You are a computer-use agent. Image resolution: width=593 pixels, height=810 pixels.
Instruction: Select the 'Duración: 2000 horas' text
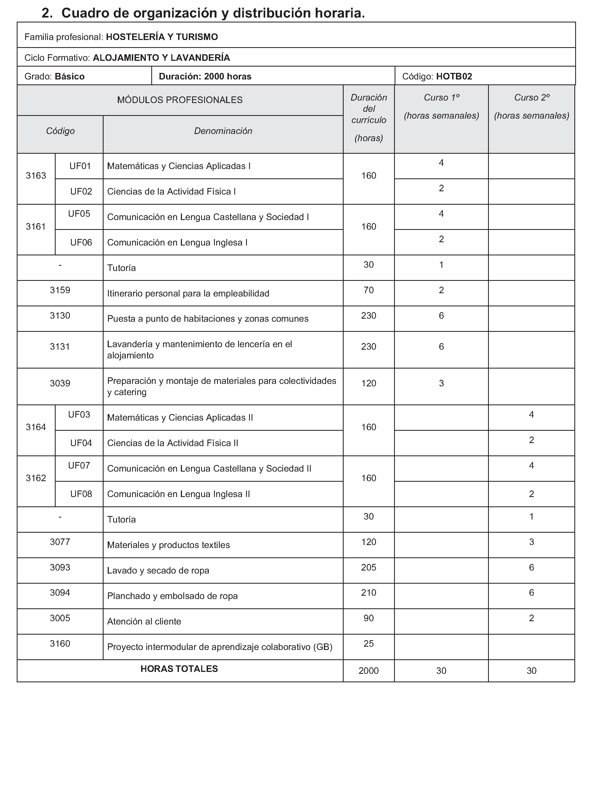point(205,76)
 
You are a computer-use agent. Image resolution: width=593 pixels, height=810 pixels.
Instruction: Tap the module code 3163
point(36,175)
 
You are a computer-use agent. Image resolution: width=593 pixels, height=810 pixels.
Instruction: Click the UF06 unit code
point(81,243)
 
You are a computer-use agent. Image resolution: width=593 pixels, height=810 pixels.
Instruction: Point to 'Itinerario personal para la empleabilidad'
point(188,293)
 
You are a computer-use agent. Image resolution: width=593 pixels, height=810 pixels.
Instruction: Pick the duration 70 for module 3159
point(369,290)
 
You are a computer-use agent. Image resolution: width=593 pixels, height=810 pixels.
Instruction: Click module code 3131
point(60,347)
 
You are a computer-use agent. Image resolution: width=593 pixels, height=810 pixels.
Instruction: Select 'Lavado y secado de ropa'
point(158,571)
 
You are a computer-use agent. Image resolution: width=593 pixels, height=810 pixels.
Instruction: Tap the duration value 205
point(369,567)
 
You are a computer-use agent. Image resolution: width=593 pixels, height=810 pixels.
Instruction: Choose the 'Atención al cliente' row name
point(144,621)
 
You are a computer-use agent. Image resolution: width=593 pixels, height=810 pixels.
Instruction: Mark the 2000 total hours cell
point(369,671)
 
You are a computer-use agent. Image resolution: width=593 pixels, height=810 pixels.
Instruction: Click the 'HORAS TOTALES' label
point(179,669)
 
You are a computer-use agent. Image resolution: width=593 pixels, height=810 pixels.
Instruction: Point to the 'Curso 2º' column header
point(532,98)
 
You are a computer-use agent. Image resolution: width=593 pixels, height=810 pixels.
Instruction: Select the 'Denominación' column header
point(223,131)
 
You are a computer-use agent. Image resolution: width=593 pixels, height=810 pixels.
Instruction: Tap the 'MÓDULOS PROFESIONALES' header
point(180,100)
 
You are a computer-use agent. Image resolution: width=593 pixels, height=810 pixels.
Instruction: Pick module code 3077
point(60,542)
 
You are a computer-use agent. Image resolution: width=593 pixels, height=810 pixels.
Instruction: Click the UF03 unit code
point(79,415)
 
